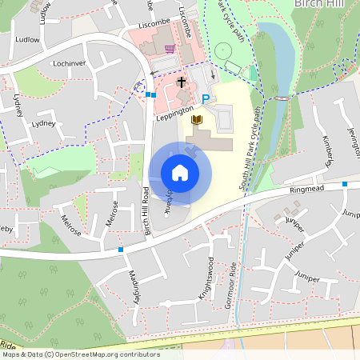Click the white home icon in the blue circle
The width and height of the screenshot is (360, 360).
coord(180,173)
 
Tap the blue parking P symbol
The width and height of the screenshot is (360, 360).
coord(206,98)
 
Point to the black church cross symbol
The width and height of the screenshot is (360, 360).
coord(182,82)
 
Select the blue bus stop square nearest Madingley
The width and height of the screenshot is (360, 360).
coord(121,250)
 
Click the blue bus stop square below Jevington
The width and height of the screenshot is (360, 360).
coord(345,184)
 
